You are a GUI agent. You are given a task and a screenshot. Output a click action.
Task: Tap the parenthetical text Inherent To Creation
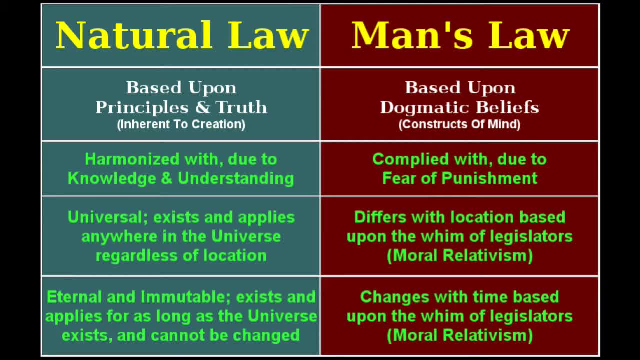click(x=181, y=124)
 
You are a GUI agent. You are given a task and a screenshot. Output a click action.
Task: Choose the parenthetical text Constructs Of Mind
click(x=459, y=124)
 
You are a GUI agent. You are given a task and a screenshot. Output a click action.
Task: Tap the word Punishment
click(x=491, y=178)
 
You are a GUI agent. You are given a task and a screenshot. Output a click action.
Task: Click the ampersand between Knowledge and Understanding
click(x=167, y=178)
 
